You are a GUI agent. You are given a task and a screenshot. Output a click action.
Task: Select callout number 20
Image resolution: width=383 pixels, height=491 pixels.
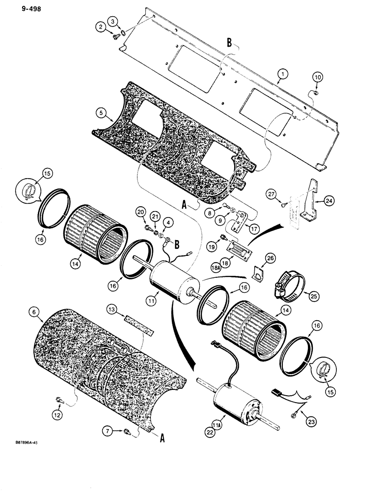pyautogui.click(x=142, y=212)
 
